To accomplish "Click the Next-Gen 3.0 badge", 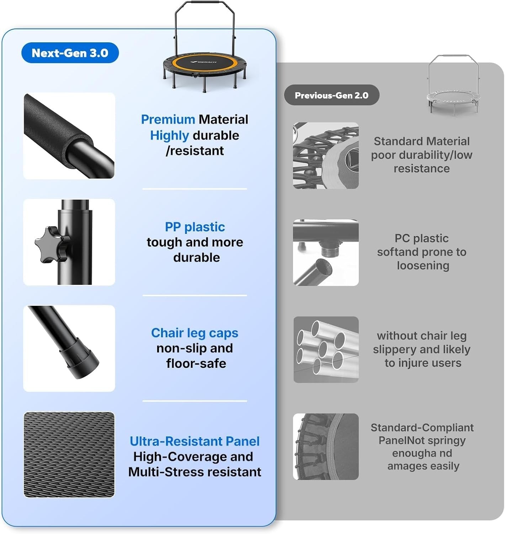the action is coord(70,53).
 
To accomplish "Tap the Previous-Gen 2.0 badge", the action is coord(331,95).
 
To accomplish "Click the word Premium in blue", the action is coord(168,120).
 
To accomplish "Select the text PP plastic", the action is coord(195,227).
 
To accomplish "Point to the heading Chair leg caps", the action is coord(195,333).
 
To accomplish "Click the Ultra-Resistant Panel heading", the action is coord(195,441).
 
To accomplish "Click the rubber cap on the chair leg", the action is coord(80,360).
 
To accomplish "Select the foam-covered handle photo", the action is coord(69,136).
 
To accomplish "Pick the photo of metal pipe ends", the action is coord(326,350).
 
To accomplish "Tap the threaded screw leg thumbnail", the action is coord(326,252).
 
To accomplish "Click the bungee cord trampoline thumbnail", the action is coord(326,155).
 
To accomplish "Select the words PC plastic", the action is coord(421,238).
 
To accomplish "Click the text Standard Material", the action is coord(421,141).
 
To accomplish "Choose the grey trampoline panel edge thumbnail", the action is coord(326,446).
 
